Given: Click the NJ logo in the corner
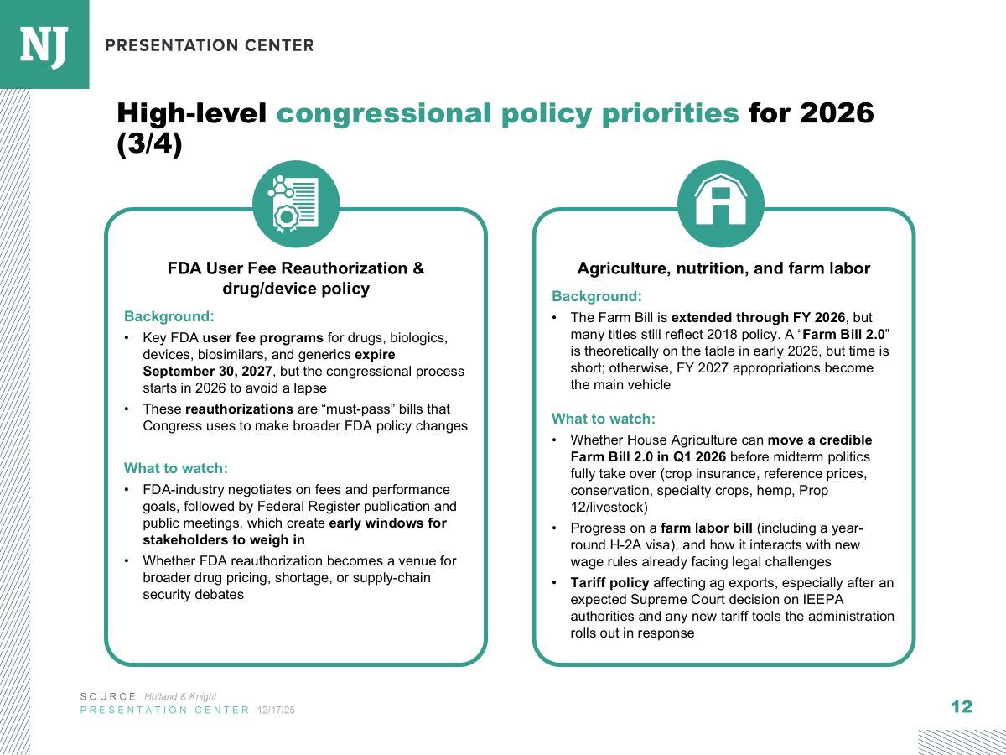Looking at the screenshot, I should pyautogui.click(x=44, y=44).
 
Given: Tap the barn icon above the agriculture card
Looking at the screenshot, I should pyautogui.click(x=720, y=204).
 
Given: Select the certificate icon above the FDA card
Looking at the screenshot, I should pyautogui.click(x=295, y=204).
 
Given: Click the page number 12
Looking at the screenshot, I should pyautogui.click(x=962, y=707).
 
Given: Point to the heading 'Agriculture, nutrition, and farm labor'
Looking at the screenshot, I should pyautogui.click(x=723, y=268).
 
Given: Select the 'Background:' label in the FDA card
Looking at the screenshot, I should pyautogui.click(x=169, y=316).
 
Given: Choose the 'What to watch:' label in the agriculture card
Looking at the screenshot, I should pyautogui.click(x=603, y=419).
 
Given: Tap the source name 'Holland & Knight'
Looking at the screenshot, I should pyautogui.click(x=180, y=696).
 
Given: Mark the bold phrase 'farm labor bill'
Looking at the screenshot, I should pyautogui.click(x=706, y=528).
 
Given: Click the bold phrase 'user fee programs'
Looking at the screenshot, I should pyautogui.click(x=262, y=337).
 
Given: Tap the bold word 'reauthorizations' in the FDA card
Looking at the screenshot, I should pyautogui.click(x=240, y=409).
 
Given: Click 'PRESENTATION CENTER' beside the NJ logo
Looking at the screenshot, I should pyautogui.click(x=210, y=45).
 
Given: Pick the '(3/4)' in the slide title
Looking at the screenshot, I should pyautogui.click(x=149, y=144).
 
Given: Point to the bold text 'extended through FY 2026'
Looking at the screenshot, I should pyautogui.click(x=760, y=318).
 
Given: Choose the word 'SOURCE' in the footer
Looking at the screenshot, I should pyautogui.click(x=108, y=696).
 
